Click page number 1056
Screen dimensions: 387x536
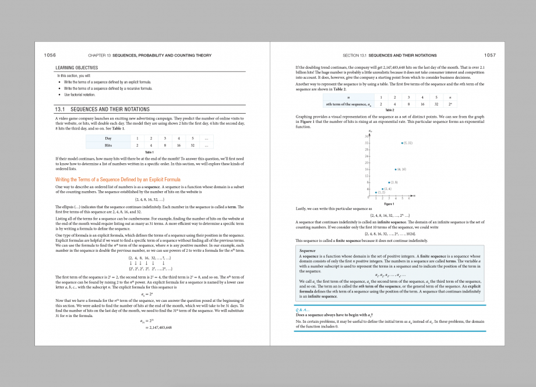[50, 55]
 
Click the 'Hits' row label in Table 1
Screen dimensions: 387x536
[108, 145]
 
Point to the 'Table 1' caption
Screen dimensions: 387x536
[149, 152]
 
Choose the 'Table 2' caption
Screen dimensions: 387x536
[390, 110]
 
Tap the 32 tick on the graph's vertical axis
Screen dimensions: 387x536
[366, 142]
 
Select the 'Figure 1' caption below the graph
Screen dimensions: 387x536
[390, 203]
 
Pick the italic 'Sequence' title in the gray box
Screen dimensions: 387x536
[307, 251]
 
